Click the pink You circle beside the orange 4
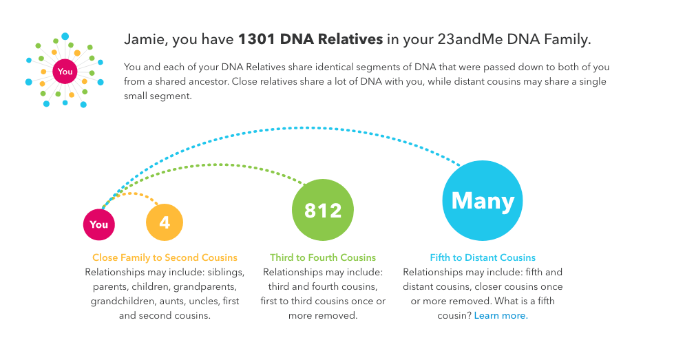(99, 224)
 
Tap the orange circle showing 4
(165, 222)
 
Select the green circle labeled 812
(323, 210)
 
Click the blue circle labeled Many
(483, 200)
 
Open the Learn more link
(501, 315)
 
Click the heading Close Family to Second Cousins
(165, 257)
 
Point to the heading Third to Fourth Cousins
(323, 257)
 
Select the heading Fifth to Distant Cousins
(483, 257)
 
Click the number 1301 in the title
(257, 39)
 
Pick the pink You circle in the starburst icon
(65, 72)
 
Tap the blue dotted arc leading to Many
(301, 127)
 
